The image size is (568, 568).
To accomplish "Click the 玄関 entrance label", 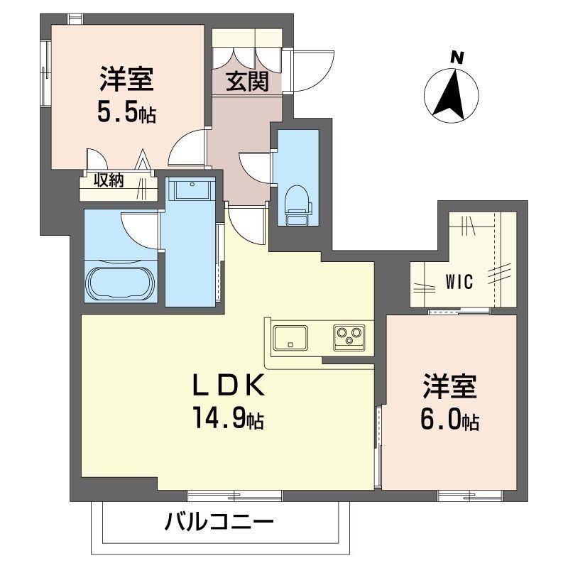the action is coord(247,82).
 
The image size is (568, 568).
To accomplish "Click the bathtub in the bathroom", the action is coord(121,283).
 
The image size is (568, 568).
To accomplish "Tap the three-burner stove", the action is coord(349,336).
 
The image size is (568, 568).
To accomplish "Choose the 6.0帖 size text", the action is coord(450,420).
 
